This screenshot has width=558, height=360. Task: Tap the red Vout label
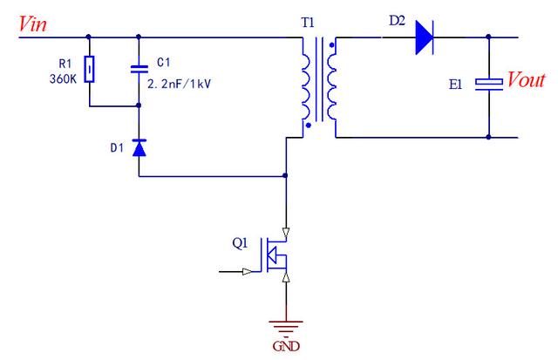coord(526,80)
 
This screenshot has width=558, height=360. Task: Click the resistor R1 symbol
coord(89,67)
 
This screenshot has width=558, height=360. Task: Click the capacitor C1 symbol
coord(138,68)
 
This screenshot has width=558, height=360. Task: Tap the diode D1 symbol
coord(138,147)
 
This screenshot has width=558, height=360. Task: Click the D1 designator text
coord(116,148)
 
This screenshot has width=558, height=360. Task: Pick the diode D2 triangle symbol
coord(424,37)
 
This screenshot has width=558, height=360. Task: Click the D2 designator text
coord(397,18)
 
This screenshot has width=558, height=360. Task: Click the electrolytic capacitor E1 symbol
coord(488,83)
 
